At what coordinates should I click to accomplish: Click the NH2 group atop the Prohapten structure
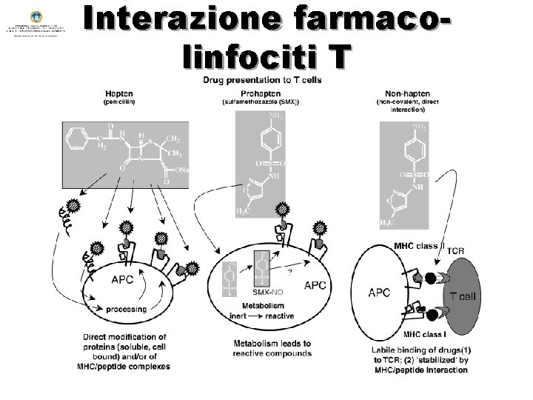pyautogui.click(x=276, y=116)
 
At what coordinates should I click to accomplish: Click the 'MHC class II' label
pyautogui.click(x=418, y=245)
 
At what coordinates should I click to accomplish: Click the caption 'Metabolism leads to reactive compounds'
pyautogui.click(x=272, y=349)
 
